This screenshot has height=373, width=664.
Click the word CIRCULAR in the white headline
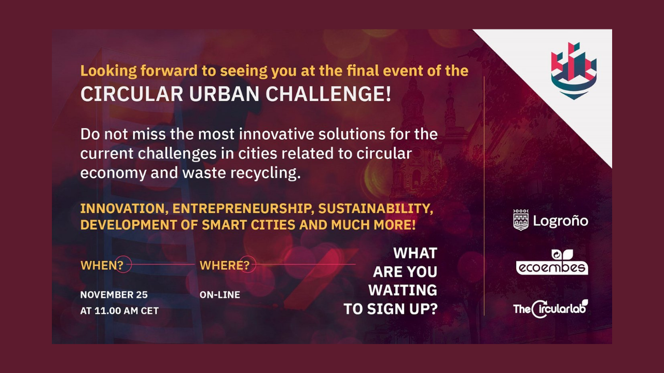[x=132, y=94]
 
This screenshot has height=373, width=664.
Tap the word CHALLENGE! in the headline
[x=328, y=94]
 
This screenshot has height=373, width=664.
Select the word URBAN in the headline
[x=225, y=94]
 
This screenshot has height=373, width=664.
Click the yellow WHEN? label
[x=102, y=265]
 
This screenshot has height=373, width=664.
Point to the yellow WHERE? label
[x=225, y=265]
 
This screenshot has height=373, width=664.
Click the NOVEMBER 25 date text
[x=114, y=295]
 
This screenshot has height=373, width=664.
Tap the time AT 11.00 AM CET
[x=119, y=310]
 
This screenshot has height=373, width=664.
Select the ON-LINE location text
[x=219, y=295]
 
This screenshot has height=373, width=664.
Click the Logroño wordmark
[x=561, y=221]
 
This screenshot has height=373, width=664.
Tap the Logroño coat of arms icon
[x=520, y=220]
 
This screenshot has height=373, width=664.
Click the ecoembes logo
[x=552, y=262]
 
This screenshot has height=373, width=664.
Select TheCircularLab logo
[x=550, y=309]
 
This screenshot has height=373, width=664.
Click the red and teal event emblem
[x=574, y=71]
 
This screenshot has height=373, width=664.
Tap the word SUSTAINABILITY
[x=376, y=209]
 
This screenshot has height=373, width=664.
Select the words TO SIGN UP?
[x=391, y=309]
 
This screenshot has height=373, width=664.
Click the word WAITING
[x=403, y=290]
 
